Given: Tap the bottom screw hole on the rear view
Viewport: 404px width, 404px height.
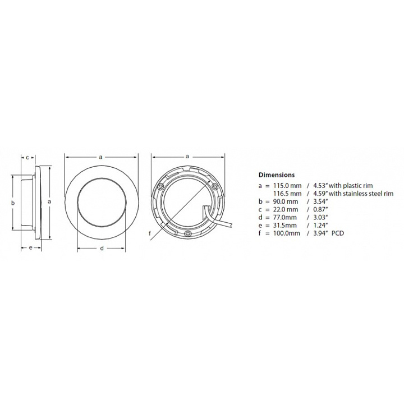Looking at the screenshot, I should click(x=188, y=232).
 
